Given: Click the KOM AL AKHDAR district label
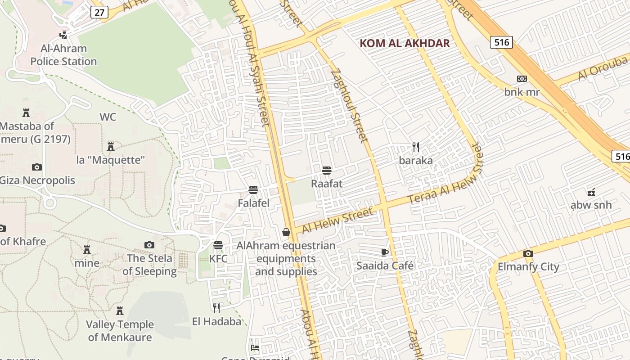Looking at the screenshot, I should click(x=405, y=43).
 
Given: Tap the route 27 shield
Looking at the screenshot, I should click(x=99, y=12).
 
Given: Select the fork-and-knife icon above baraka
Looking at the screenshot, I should click(x=416, y=147).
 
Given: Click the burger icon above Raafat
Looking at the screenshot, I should click(x=327, y=171).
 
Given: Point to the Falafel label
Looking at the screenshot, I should click(x=253, y=203).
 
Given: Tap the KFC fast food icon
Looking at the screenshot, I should click(x=218, y=245).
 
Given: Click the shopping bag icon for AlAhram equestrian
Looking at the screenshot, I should click(x=286, y=232).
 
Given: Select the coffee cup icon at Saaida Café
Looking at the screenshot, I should click(x=384, y=252).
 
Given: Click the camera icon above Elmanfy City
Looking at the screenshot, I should click(x=528, y=253).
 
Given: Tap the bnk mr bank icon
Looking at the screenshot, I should click(x=522, y=79).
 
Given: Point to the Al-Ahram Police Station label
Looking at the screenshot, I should click(x=63, y=55).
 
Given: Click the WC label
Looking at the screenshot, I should click(x=108, y=117).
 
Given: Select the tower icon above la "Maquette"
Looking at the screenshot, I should click(x=111, y=146).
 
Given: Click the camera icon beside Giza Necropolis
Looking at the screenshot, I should click(x=37, y=167).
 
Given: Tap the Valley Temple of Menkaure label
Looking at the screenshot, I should click(x=120, y=331).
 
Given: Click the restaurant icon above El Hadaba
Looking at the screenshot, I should click(x=216, y=308).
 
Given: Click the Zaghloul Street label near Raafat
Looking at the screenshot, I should click(x=349, y=106).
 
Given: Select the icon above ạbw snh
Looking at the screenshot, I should click(x=591, y=192).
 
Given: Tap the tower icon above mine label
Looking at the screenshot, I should click(x=87, y=249).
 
